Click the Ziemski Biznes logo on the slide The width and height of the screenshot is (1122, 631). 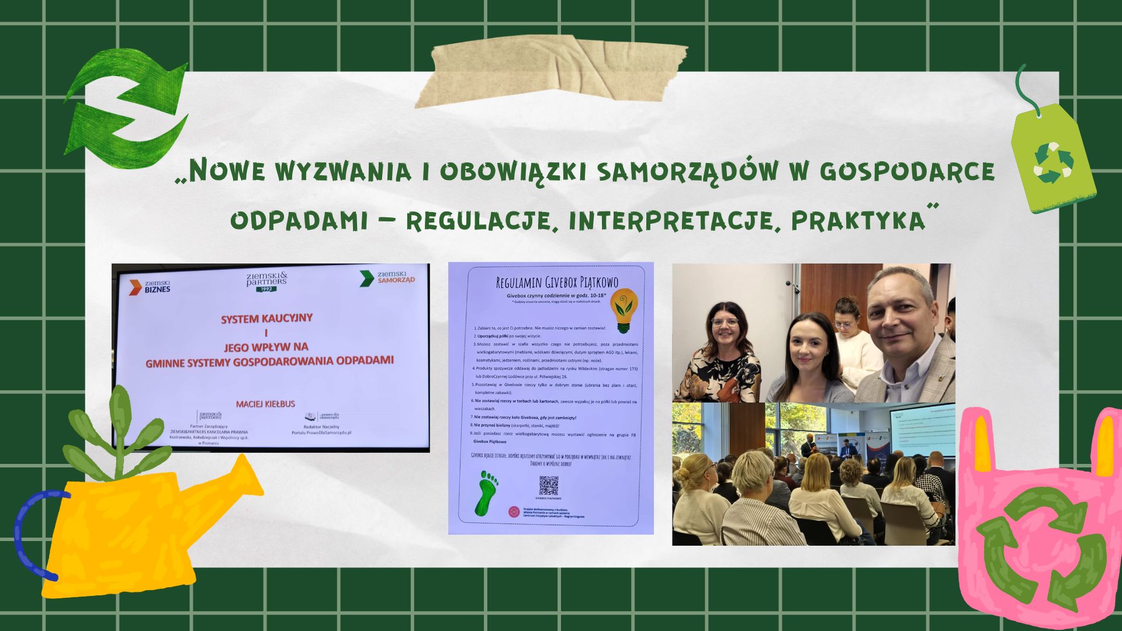click(150, 286)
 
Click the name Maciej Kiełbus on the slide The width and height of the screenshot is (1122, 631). click(265, 404)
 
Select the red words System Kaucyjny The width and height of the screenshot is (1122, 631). click(266, 318)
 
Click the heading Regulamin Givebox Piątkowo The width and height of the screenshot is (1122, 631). click(556, 283)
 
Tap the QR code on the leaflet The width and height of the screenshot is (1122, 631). click(548, 486)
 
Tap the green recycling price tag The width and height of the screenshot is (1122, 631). click(1053, 159)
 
